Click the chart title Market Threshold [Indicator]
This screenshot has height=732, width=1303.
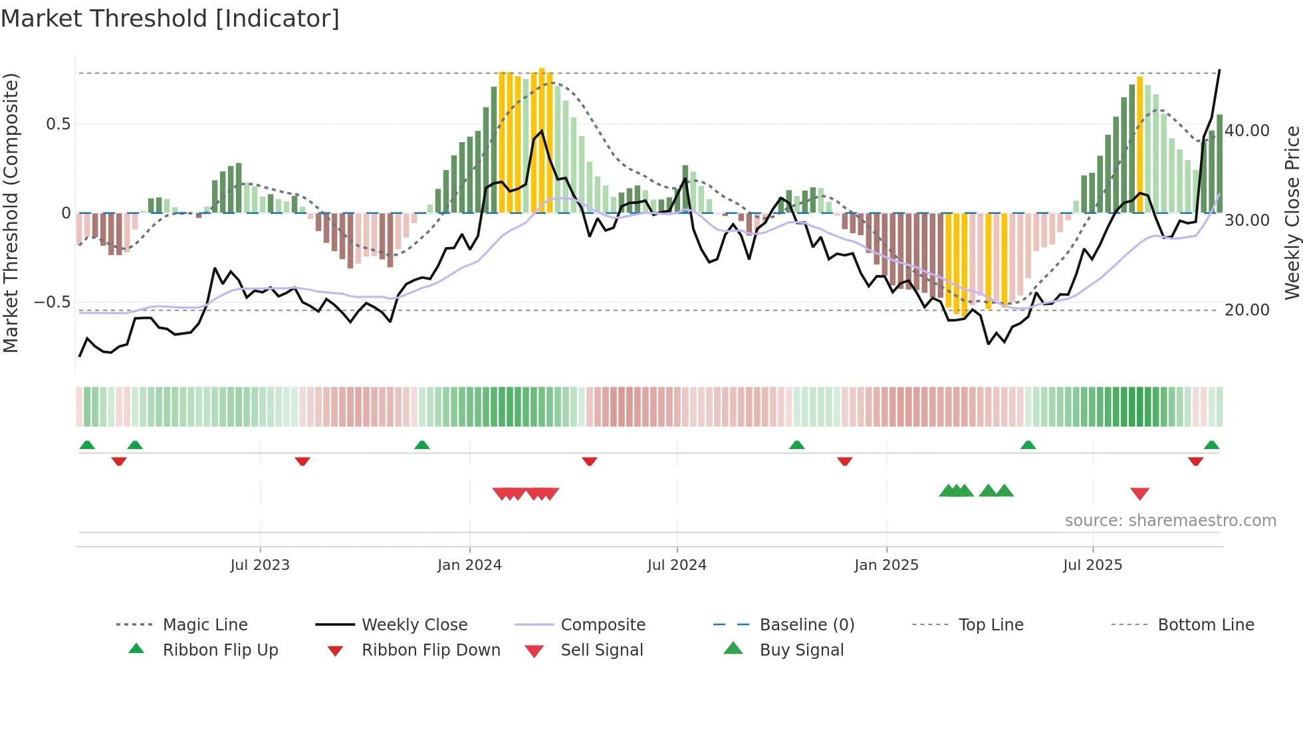coord(170,19)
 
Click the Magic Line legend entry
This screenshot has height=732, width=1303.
coord(205,624)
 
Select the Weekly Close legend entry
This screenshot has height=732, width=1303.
coord(414,624)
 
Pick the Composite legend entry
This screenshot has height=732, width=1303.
coord(602,624)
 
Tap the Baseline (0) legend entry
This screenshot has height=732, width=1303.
coord(806,624)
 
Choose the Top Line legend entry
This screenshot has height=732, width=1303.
coord(991,624)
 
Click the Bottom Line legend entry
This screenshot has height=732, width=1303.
coord(1205,624)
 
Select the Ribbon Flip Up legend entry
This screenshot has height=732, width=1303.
coord(220,650)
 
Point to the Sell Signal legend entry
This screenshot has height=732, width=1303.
coord(602,650)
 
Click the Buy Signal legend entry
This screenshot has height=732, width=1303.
coord(801,650)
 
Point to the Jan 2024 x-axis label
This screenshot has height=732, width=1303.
coord(469,565)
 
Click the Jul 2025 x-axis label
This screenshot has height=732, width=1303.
coord(1092,565)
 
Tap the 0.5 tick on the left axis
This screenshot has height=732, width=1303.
coord(59,124)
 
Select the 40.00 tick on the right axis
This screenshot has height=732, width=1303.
coord(1246,131)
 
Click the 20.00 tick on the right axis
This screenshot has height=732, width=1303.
coord(1246,310)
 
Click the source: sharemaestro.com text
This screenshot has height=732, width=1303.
coord(1170,521)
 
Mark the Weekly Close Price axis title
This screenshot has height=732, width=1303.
coord(1292,213)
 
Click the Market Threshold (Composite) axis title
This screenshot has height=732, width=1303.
coord(11,213)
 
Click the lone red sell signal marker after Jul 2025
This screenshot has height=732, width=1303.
coord(1139,494)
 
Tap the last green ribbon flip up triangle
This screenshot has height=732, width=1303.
coord(1211,445)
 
